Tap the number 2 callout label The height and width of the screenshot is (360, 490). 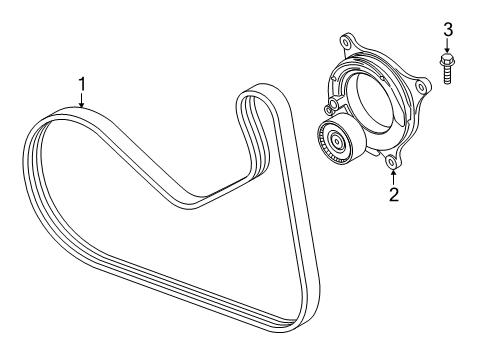click(393, 195)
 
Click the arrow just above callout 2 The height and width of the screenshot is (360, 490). click(393, 173)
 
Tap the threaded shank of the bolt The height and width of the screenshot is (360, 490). click(447, 77)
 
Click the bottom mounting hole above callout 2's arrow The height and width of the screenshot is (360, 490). click(393, 159)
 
